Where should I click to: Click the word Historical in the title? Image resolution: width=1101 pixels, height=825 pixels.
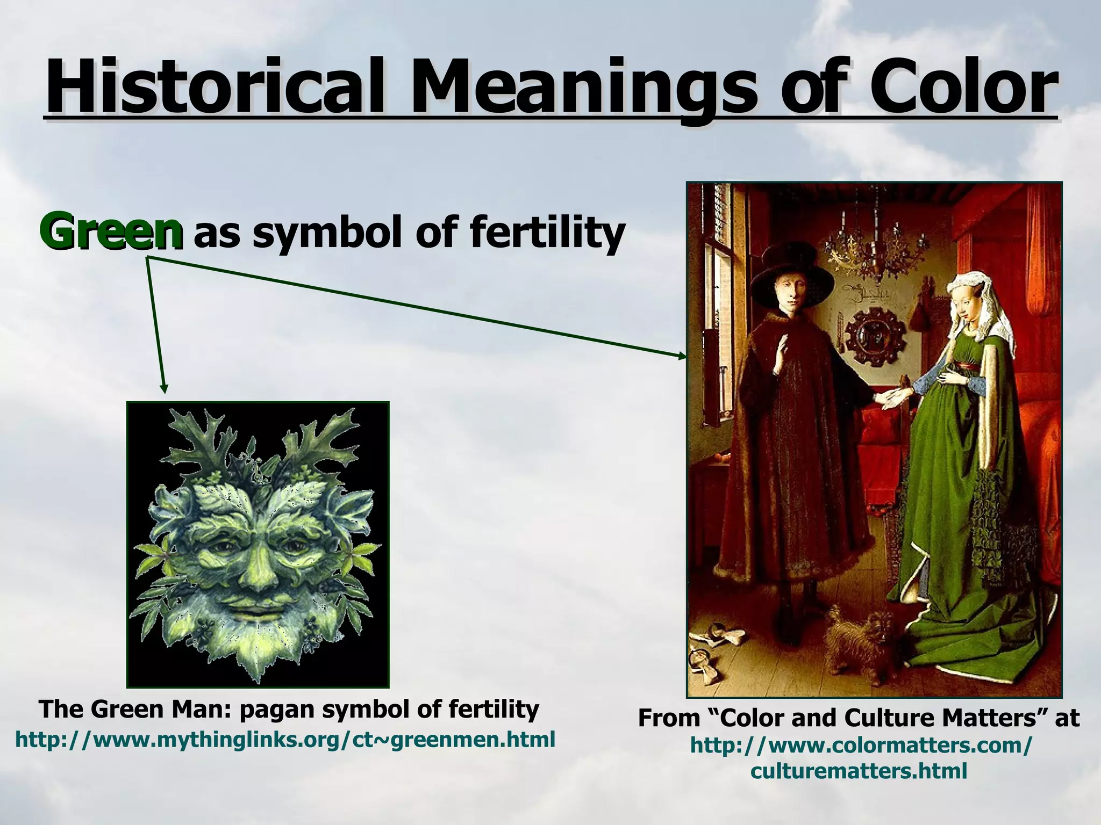tap(215, 86)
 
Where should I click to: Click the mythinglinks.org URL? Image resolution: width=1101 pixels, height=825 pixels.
tap(285, 740)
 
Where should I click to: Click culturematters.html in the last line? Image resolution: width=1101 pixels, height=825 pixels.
tap(859, 771)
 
